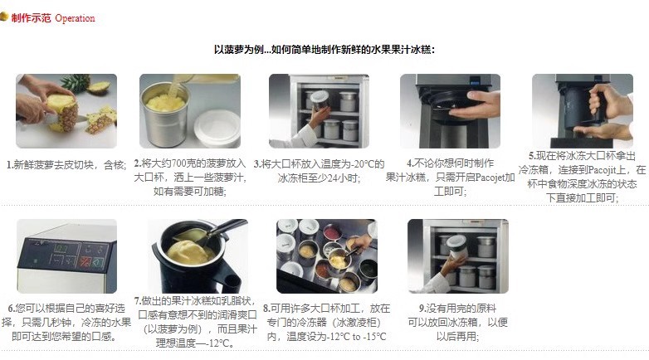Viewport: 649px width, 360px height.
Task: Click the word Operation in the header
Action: coord(75,18)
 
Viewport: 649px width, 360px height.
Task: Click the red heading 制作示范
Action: coord(31,18)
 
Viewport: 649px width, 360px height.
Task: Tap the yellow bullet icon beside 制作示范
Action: coord(4,17)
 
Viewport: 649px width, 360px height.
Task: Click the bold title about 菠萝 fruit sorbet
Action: coord(324,50)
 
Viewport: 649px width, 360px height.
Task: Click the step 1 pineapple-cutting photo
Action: coord(66,111)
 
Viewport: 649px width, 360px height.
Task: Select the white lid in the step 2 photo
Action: coord(217,127)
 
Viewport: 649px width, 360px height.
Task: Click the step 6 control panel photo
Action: coord(66,256)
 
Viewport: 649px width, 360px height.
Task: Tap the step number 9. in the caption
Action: coord(422,309)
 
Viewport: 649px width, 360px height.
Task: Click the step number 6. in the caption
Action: coord(12,309)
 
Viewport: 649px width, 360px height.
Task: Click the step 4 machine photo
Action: coord(450,111)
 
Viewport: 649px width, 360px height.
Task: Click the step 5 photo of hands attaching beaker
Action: coord(583,111)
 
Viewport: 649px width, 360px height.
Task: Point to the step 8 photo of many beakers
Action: coord(327,256)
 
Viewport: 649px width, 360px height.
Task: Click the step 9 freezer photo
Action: coord(458,256)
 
